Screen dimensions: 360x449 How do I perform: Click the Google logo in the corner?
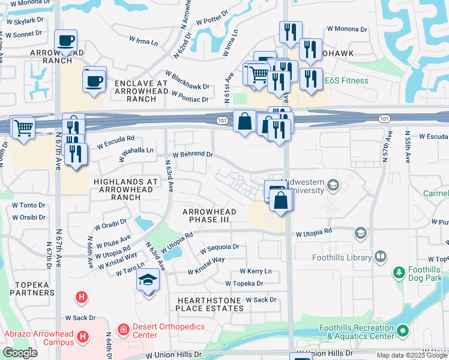point(20,353)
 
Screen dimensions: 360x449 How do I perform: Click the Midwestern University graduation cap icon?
point(332,187)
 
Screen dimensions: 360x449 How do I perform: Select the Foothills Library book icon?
point(380,257)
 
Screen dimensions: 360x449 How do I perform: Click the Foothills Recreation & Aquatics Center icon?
point(403,331)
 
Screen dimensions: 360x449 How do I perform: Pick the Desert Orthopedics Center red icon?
point(122,330)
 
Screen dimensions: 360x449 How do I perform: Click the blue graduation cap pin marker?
point(148,281)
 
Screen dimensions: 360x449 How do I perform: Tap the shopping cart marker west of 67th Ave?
point(23,127)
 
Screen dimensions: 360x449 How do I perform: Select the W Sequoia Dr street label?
point(219,247)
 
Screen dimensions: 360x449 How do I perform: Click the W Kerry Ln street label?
point(255,271)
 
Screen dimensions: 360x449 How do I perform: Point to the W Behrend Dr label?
point(193,154)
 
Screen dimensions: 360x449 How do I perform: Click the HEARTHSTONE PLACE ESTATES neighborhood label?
point(209,304)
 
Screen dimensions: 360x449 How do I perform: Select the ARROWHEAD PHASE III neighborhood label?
point(210,216)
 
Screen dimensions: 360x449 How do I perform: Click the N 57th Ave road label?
point(387,150)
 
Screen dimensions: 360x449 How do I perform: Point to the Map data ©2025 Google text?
point(412,355)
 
